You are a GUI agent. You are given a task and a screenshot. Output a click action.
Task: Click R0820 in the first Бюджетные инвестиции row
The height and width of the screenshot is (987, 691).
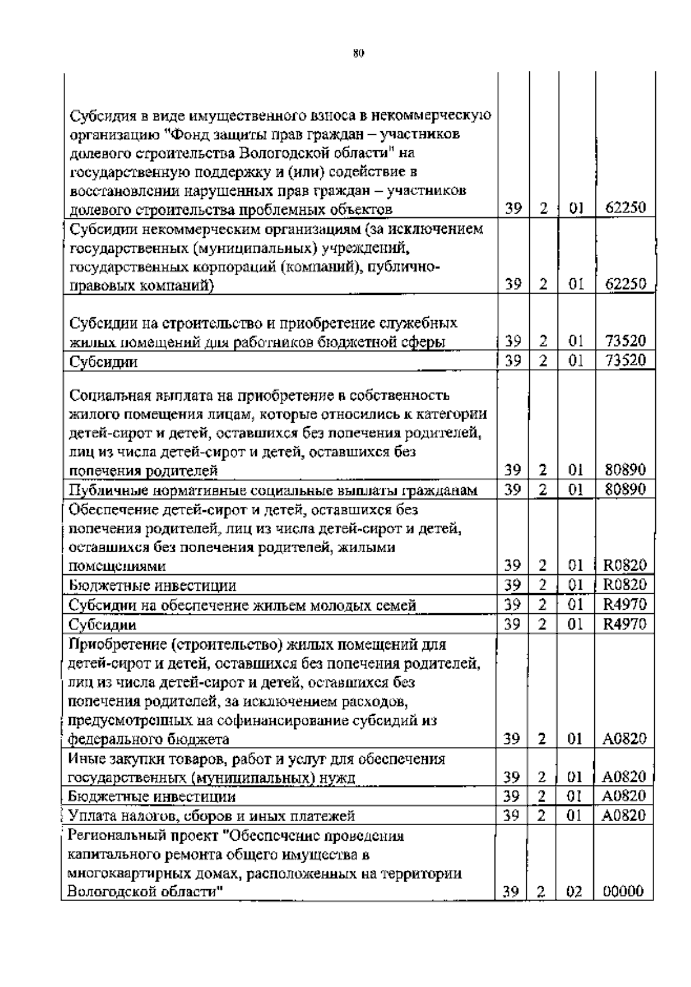625,586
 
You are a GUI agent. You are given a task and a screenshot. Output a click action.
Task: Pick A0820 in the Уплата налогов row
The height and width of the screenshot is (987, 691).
625,815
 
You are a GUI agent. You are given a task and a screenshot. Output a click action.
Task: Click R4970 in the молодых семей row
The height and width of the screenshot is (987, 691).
625,605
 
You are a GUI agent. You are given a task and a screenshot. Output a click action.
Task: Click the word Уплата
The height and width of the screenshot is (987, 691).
92,816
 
